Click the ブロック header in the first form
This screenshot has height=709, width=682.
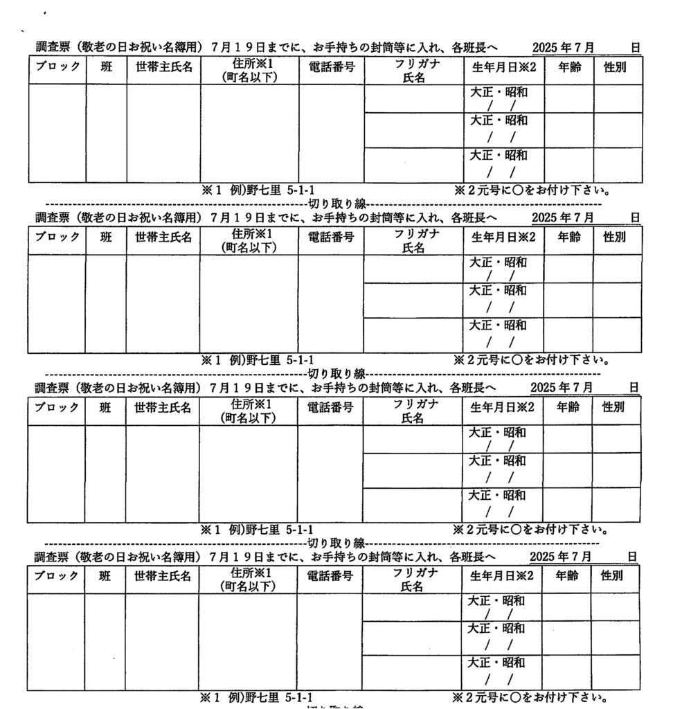click(57, 69)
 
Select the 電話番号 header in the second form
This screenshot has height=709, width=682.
click(331, 238)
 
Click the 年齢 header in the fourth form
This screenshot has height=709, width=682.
click(566, 576)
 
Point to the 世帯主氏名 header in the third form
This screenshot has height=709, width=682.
click(163, 409)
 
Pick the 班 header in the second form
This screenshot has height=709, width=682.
click(105, 238)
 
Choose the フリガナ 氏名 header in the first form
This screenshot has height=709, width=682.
click(415, 69)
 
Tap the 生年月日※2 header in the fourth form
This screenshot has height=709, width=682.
click(502, 576)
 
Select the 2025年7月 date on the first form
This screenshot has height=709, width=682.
click(563, 48)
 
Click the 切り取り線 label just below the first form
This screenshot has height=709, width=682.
click(336, 204)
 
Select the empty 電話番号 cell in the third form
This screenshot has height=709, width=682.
click(330, 474)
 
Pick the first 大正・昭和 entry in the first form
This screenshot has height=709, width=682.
click(499, 91)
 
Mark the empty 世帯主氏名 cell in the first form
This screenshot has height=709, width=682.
click(163, 133)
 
